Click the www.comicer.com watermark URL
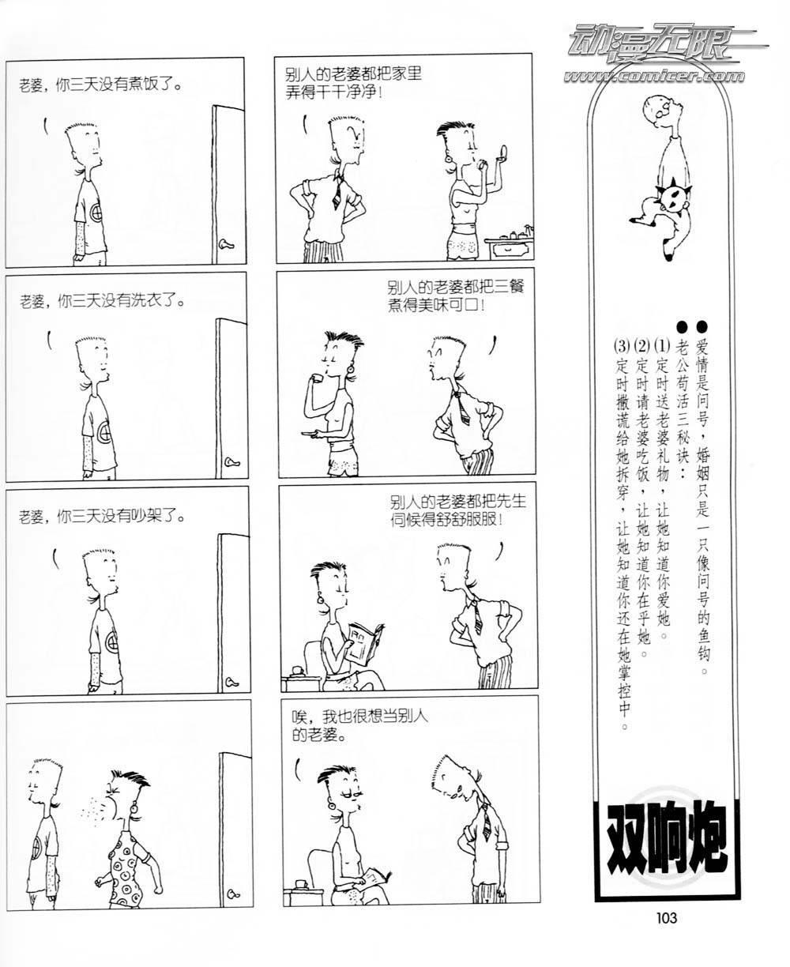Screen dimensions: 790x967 (x=654, y=76)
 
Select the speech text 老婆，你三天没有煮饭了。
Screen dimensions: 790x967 (x=100, y=85)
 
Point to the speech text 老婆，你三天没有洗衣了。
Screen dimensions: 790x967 (x=102, y=301)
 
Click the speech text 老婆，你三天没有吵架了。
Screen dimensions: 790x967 (x=102, y=517)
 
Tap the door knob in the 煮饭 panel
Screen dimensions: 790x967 (x=227, y=244)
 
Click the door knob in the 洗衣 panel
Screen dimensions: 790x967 (x=231, y=461)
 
